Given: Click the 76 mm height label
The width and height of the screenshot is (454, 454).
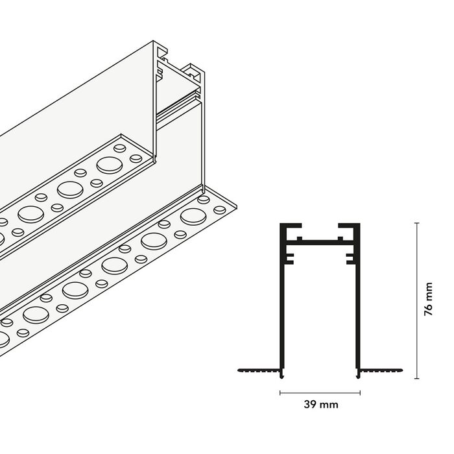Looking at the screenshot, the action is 428,299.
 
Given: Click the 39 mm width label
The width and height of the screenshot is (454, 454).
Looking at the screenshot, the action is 321,404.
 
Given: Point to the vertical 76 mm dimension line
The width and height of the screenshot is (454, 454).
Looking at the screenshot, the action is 417,300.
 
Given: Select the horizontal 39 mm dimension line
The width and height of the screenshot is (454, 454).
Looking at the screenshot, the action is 320,393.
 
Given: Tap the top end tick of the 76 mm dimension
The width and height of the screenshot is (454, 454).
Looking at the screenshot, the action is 417,223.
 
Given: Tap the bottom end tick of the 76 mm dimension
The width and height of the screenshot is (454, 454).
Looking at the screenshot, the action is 417,378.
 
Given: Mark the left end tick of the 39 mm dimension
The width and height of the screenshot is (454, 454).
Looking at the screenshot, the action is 280,393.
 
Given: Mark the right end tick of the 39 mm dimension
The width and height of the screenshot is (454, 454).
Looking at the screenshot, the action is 360,393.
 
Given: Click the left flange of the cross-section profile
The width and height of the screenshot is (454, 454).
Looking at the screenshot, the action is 259,370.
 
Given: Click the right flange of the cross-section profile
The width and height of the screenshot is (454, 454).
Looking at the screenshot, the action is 380,370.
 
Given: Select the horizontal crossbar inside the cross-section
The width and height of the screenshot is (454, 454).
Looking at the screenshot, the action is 320,241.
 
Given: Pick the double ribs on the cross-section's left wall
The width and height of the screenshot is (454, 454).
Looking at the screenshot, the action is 289,259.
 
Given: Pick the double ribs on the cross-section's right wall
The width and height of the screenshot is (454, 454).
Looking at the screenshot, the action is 351,259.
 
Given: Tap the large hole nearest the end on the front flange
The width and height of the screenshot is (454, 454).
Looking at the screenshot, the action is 193,216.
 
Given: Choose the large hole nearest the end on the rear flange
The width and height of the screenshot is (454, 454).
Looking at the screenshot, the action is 110,165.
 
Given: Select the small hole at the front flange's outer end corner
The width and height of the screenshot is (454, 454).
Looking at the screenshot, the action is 220,209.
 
